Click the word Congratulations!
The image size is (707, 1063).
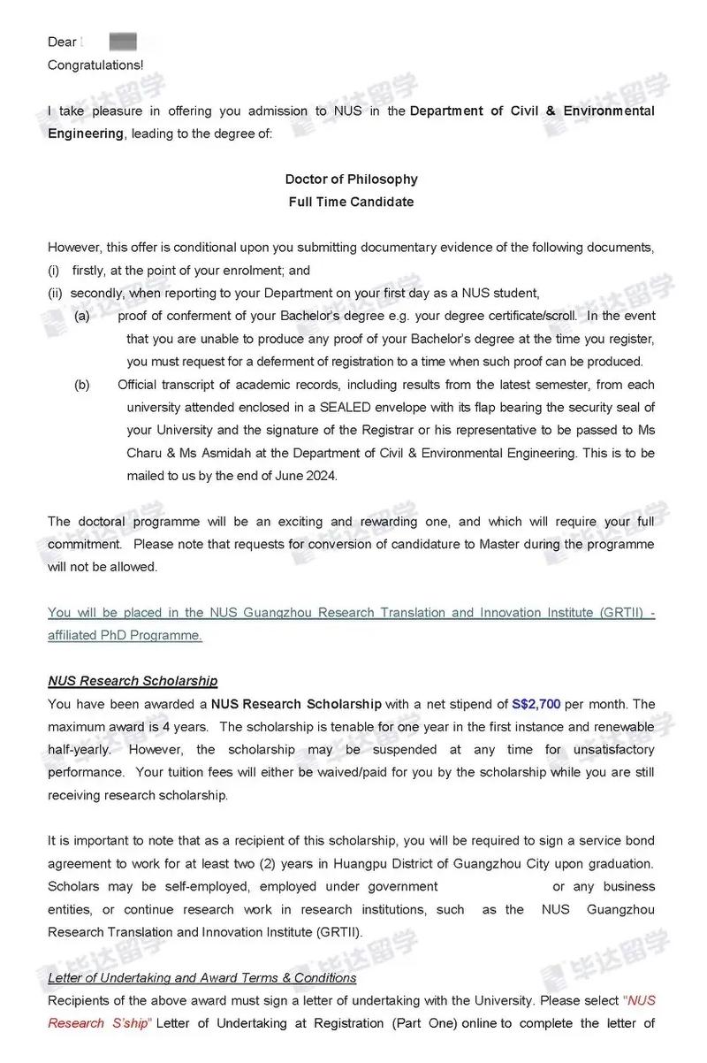[95, 65]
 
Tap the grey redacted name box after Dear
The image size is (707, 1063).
[124, 41]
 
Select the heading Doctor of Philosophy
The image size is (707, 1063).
[351, 179]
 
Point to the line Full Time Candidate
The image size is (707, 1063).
[351, 202]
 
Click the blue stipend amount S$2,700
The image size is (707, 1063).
[536, 704]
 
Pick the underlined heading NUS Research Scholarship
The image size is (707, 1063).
[133, 681]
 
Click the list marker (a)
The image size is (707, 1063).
[82, 316]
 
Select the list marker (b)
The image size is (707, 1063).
[82, 385]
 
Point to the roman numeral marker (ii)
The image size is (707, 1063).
[56, 293]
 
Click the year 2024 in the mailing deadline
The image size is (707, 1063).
[321, 476]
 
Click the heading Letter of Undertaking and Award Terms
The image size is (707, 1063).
[201, 977]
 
